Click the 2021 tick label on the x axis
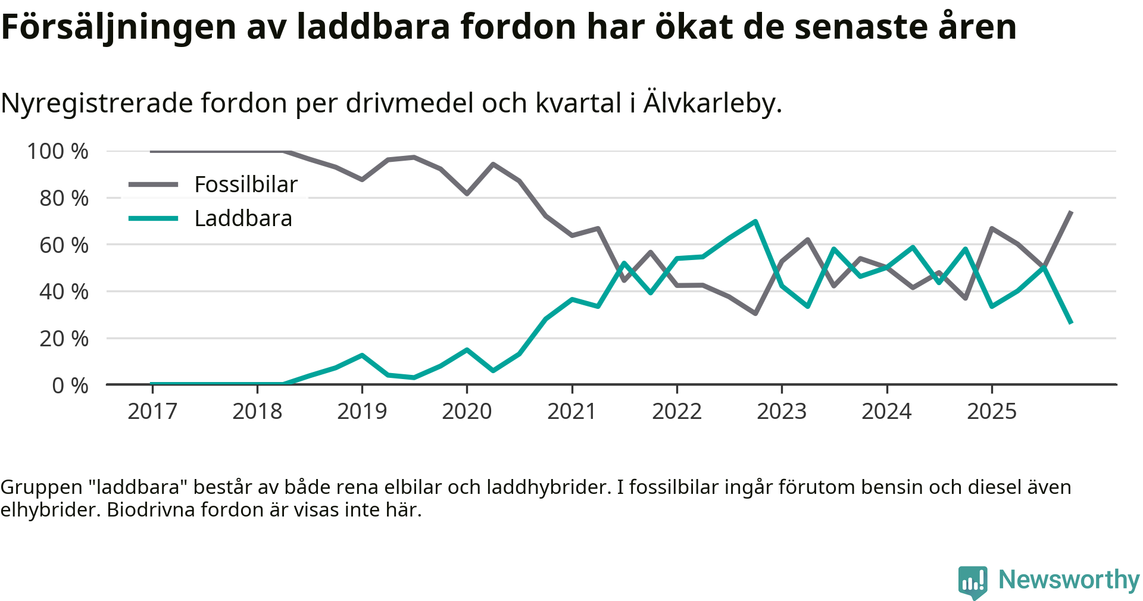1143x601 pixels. pyautogui.click(x=571, y=411)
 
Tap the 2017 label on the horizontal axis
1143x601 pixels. pyautogui.click(x=152, y=411)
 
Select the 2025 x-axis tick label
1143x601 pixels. pyautogui.click(x=992, y=411)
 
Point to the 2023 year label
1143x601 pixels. pyautogui.click(x=782, y=411)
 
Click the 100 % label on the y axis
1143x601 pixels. pyautogui.click(x=58, y=151)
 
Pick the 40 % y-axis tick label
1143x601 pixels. pyautogui.click(x=64, y=292)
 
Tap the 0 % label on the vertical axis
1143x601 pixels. pyautogui.click(x=70, y=386)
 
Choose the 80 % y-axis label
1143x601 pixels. pyautogui.click(x=64, y=198)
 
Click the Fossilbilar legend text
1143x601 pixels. pyautogui.click(x=246, y=184)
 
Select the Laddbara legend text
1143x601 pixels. pyautogui.click(x=243, y=218)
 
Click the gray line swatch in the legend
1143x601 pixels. pyautogui.click(x=154, y=184)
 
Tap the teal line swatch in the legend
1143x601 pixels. pyautogui.click(x=154, y=218)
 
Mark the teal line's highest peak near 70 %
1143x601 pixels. pyautogui.click(x=755, y=221)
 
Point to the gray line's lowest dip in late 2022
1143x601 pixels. pyautogui.click(x=755, y=313)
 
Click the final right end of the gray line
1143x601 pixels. pyautogui.click(x=1071, y=212)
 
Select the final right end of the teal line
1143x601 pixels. pyautogui.click(x=1071, y=323)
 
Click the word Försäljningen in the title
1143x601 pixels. pyautogui.click(x=119, y=27)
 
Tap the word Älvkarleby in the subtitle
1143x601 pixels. pyautogui.click(x=712, y=103)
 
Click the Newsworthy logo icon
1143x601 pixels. pyautogui.click(x=972, y=581)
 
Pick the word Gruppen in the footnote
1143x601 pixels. pyautogui.click(x=41, y=487)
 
